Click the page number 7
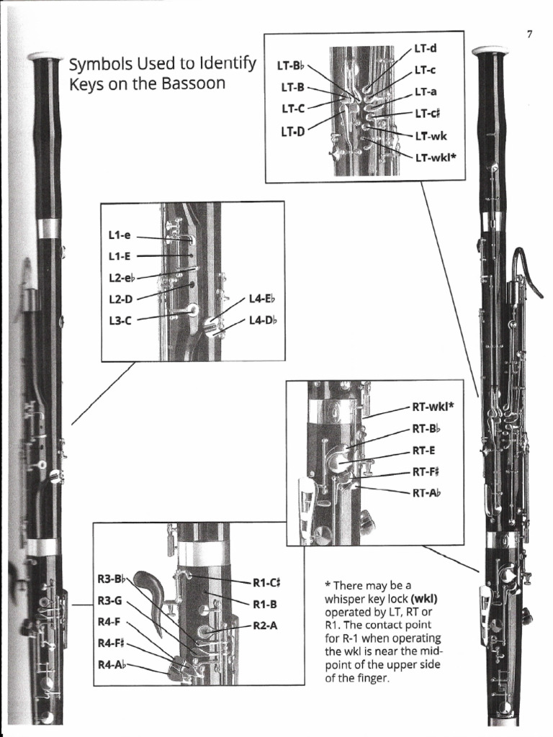coord(529,35)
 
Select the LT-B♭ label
coord(291,67)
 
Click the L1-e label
coord(120,235)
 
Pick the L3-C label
coord(120,321)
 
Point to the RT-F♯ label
coord(426,472)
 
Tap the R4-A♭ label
coord(112,663)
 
